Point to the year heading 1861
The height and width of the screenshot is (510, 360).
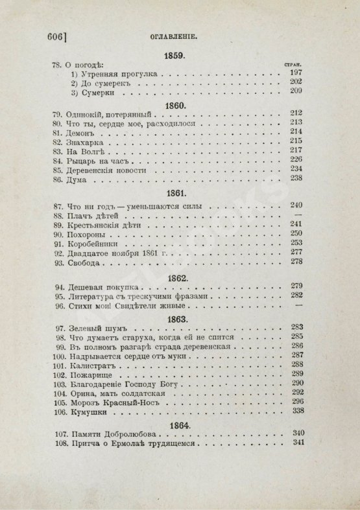[176, 193]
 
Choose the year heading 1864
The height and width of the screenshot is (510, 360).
[176, 424]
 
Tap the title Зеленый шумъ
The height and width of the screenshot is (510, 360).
[101, 328]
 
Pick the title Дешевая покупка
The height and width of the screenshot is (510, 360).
[102, 285]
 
